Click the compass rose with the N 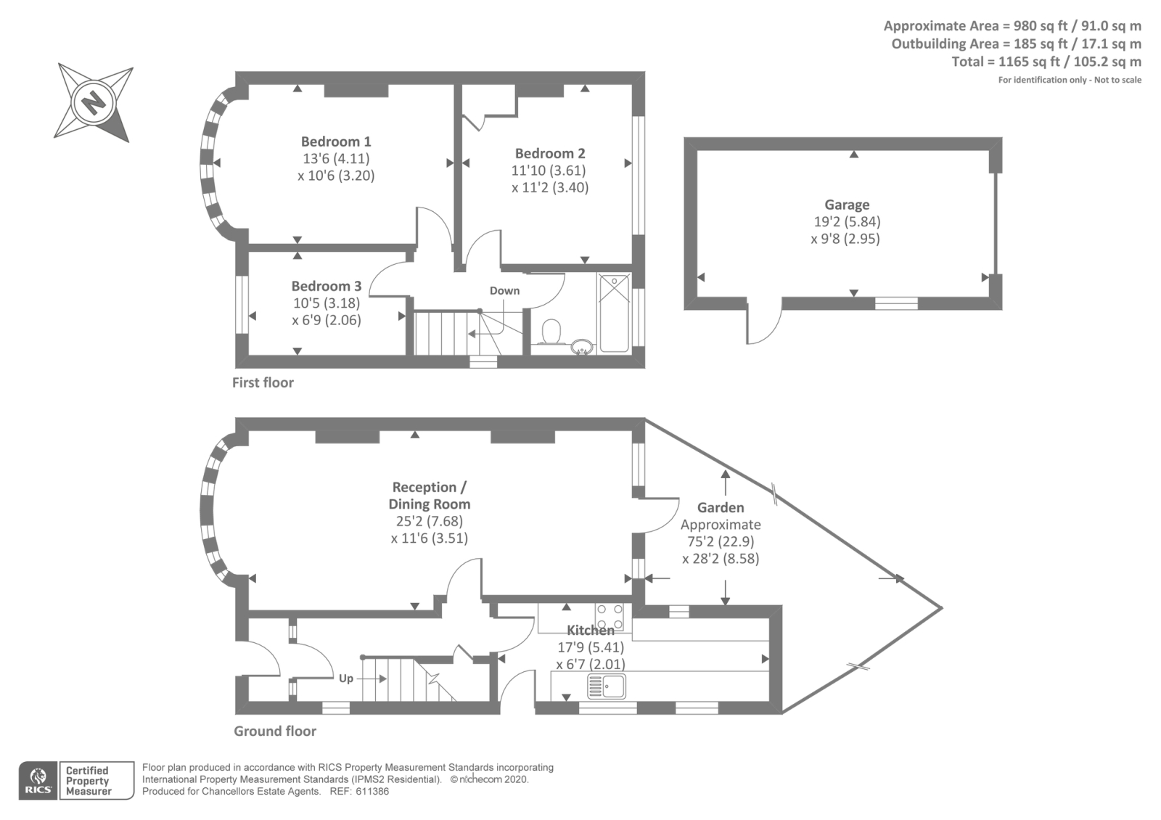tap(94, 102)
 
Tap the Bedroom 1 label tap(336, 142)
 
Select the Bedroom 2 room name tap(550, 153)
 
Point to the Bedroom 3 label tap(326, 286)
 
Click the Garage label tap(846, 205)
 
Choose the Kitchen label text tap(590, 630)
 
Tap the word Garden tap(721, 507)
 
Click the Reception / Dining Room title tap(430, 495)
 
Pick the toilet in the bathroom tap(552, 332)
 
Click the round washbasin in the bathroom tap(582, 347)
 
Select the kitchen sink tap(607, 686)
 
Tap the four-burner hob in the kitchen tap(609, 616)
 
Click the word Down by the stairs tap(504, 290)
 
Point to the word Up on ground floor tap(346, 678)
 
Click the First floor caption tap(263, 382)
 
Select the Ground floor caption tap(275, 731)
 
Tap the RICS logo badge tap(38, 781)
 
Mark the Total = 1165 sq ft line tap(1046, 62)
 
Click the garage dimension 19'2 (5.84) tap(846, 221)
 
